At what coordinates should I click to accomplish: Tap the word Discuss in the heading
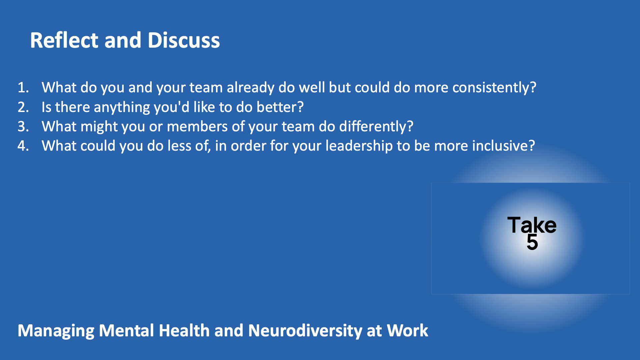(x=184, y=40)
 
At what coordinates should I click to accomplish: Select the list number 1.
(x=23, y=88)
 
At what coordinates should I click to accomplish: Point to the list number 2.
(x=23, y=107)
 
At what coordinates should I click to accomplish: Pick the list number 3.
(x=23, y=127)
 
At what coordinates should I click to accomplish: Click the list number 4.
(x=23, y=146)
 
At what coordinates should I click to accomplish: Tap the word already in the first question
(x=250, y=88)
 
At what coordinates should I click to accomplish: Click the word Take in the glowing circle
(x=532, y=225)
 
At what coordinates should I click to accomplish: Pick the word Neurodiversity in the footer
(x=305, y=331)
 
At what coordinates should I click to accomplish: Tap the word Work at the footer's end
(x=407, y=330)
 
